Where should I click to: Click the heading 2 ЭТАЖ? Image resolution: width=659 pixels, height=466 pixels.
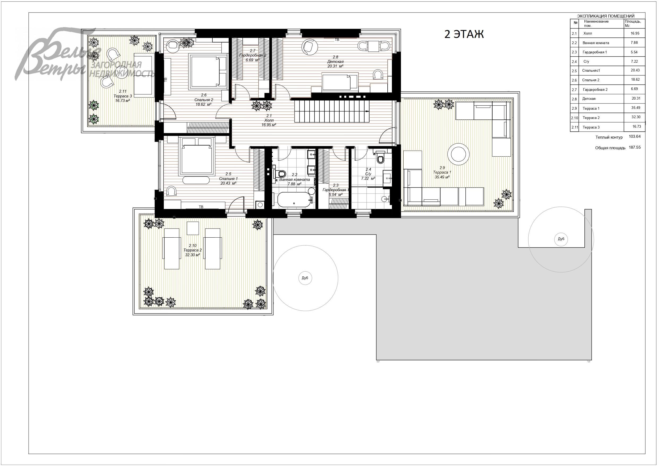tap(464, 34)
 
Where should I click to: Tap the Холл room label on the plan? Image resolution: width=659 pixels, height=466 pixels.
tap(269, 120)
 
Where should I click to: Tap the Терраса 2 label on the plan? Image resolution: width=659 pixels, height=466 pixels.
tap(192, 250)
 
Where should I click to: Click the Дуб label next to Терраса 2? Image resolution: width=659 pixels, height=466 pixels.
tap(305, 278)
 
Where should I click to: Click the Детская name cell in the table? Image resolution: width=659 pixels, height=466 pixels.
tap(589, 99)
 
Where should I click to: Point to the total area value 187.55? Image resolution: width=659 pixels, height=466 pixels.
tap(635, 148)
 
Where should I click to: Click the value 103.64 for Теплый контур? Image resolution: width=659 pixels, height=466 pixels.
tap(635, 137)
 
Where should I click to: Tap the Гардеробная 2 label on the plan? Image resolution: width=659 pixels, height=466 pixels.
tap(253, 55)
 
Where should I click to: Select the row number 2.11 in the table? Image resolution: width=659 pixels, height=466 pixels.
tap(574, 127)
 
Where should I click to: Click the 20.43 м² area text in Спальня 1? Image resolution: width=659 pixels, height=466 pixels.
tap(228, 183)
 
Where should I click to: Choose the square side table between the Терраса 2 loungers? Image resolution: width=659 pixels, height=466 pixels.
tap(193, 228)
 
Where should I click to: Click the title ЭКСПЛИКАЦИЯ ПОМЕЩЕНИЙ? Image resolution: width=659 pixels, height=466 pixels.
tap(606, 16)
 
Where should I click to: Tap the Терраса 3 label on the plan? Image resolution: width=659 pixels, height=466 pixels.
tap(123, 96)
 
